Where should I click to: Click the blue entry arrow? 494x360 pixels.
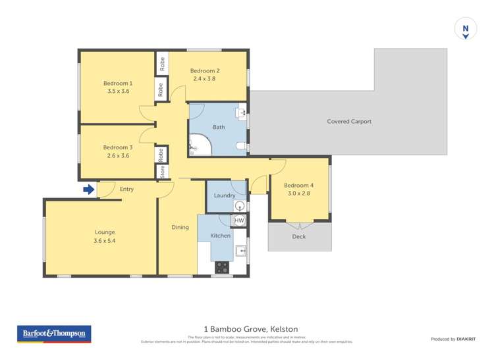click(x=88, y=190)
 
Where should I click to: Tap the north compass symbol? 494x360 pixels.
click(x=466, y=29)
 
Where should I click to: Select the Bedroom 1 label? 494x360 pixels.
click(x=117, y=84)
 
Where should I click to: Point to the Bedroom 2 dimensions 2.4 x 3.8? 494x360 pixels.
click(x=204, y=79)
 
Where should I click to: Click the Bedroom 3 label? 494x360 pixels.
click(x=117, y=147)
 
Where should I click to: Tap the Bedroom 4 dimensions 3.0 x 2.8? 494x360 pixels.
click(x=300, y=193)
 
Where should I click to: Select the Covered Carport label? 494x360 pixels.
click(x=349, y=121)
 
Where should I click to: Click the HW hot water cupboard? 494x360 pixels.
click(x=239, y=220)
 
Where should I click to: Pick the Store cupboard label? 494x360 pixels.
click(x=161, y=172)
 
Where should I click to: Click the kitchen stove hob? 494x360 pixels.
click(x=222, y=267)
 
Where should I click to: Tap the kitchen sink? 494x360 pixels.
click(x=241, y=251)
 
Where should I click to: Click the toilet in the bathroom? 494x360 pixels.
click(x=242, y=145)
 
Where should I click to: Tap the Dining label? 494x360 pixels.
click(x=180, y=228)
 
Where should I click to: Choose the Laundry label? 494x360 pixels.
click(x=225, y=195)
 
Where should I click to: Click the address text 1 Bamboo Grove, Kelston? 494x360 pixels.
click(x=247, y=328)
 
